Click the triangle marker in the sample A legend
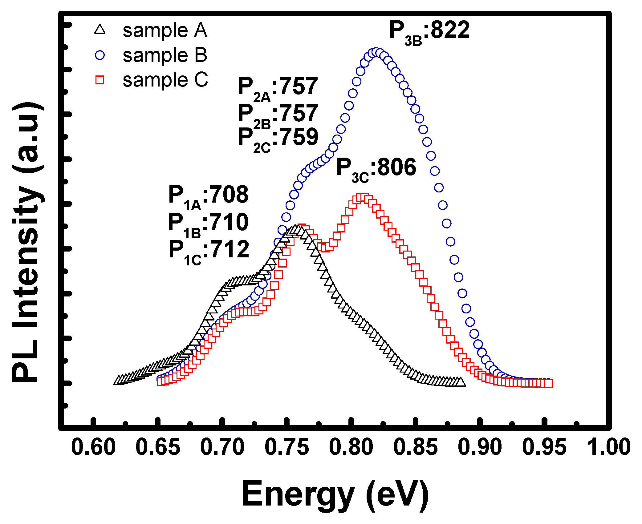click(x=100, y=30)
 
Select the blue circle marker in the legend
click(x=100, y=55)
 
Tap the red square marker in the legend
click(x=100, y=80)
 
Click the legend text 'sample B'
click(x=165, y=55)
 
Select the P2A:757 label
click(x=278, y=88)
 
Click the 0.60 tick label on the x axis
click(x=93, y=447)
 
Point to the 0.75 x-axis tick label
click(x=286, y=447)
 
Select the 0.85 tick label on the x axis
click(x=415, y=447)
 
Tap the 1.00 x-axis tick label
click(x=608, y=447)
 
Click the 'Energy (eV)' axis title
click(x=335, y=494)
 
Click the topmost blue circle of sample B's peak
click(x=376, y=52)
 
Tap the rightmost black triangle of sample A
click(x=461, y=382)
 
